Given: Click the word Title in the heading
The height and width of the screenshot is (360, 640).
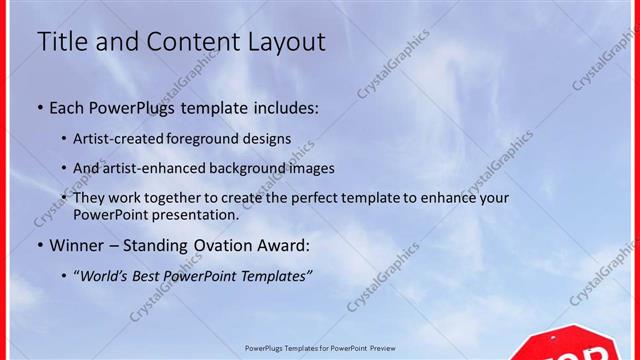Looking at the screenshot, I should (x=60, y=42).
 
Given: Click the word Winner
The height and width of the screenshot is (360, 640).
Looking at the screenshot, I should (x=73, y=245).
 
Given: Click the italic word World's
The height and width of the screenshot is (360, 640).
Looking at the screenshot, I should (x=106, y=275).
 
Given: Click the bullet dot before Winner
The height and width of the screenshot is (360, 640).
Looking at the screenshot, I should (x=39, y=245).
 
